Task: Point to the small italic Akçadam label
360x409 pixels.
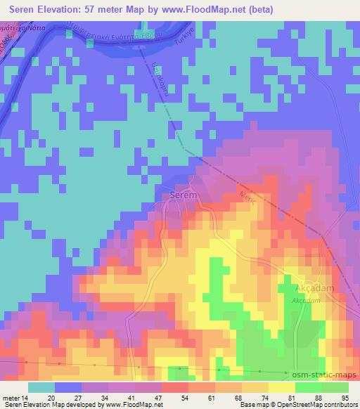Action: point(307,300)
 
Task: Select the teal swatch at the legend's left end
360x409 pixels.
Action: point(41,387)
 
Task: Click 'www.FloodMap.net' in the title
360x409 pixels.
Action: point(204,10)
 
